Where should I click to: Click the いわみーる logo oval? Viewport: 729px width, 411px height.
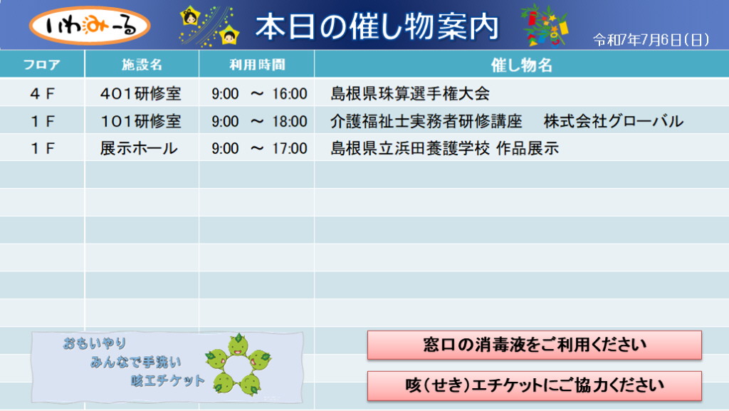tap(90, 26)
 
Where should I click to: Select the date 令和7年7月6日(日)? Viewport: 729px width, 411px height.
tap(651, 40)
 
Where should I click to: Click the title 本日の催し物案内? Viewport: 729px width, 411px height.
tap(377, 26)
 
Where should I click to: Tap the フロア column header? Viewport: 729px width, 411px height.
tap(42, 64)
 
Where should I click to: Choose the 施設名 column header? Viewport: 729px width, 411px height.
tap(142, 64)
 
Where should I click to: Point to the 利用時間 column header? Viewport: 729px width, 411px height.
tap(257, 64)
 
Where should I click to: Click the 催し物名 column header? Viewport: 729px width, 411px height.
tap(522, 65)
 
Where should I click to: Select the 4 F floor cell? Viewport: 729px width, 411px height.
tap(42, 94)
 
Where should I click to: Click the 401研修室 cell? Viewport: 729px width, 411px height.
tap(140, 93)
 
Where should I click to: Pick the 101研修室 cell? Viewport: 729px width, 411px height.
tap(140, 121)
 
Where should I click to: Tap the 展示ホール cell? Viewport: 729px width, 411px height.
tap(139, 148)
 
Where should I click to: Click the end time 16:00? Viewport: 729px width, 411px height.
tap(290, 94)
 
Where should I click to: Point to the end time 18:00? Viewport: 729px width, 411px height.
tap(290, 122)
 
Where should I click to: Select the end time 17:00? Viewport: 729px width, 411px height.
tap(290, 149)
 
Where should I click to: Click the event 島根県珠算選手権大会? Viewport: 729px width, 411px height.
tap(410, 93)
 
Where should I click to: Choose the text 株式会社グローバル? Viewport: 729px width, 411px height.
tap(614, 121)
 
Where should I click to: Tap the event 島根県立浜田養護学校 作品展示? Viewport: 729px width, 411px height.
tap(445, 148)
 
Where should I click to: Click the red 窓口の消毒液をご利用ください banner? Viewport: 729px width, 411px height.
tap(534, 345)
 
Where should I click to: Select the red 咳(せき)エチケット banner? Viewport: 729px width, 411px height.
tap(534, 385)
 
